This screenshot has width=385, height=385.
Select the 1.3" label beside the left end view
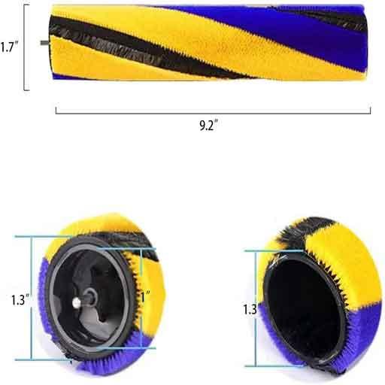click(x=20, y=299)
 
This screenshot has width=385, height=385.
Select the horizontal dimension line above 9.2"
click(x=213, y=111)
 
